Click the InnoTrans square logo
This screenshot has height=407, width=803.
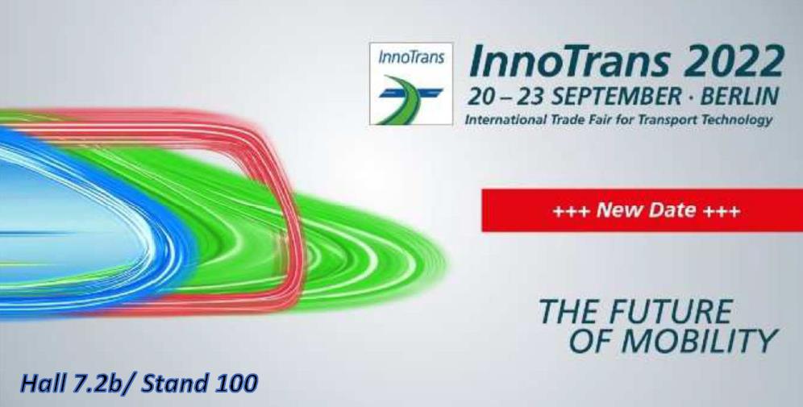410,84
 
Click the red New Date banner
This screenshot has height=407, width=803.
643,210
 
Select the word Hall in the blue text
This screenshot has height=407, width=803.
40,384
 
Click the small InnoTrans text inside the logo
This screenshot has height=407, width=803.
410,57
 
